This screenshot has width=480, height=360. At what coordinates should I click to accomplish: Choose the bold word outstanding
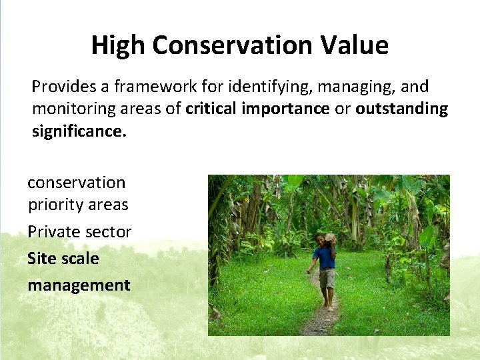click(x=401, y=109)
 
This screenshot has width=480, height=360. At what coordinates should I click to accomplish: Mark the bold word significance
click(x=79, y=131)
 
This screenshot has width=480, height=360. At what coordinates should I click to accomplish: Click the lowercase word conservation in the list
click(x=76, y=182)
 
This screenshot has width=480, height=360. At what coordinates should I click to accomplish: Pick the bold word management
click(x=79, y=285)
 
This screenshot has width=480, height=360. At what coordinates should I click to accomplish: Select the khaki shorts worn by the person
click(x=327, y=278)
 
